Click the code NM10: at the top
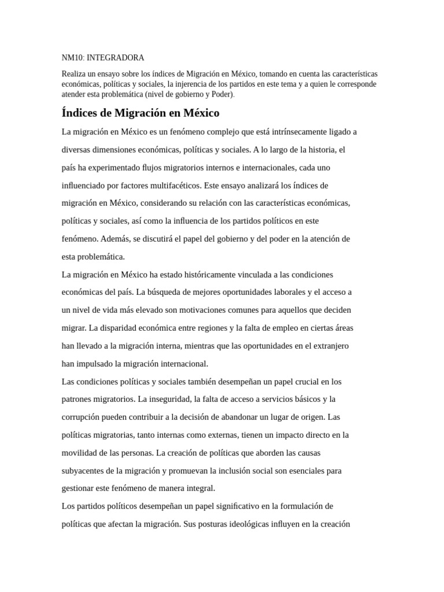[x=73, y=58]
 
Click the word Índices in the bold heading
[x=80, y=112]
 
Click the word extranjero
[x=330, y=346]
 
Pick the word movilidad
[x=80, y=453]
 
